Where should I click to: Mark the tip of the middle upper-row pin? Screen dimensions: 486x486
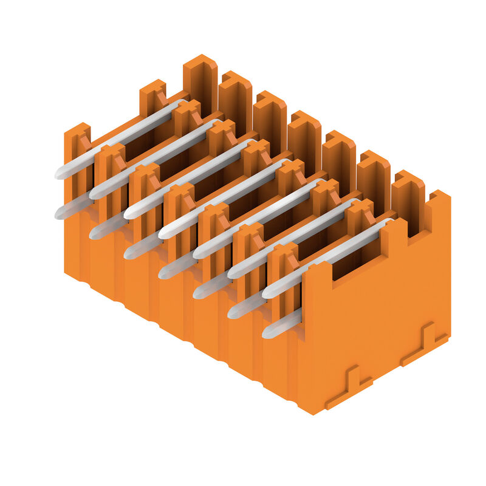163,233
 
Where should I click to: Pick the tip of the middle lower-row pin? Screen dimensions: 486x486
163,273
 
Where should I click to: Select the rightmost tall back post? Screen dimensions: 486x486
408,200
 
